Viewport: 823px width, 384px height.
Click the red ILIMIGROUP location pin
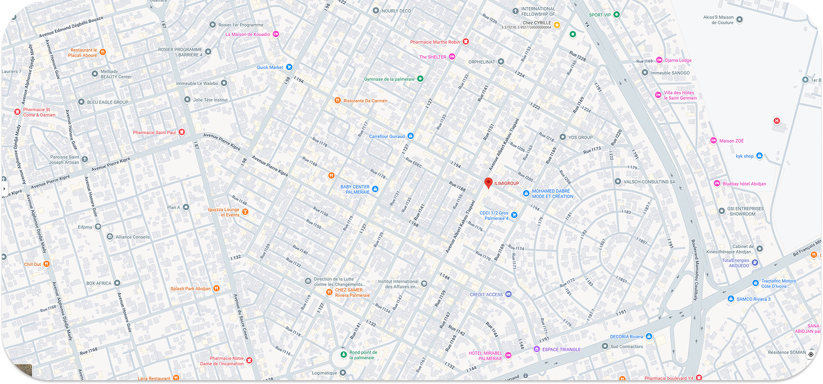[x=488, y=183]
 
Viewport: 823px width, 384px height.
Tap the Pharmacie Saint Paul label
[x=154, y=133]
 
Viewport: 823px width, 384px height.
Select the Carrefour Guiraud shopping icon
[x=411, y=136]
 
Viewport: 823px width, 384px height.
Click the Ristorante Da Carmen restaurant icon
[x=337, y=100]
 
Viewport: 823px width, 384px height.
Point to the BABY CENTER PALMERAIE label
[x=355, y=190]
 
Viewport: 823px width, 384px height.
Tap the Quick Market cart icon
[x=289, y=67]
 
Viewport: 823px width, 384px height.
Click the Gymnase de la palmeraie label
[x=389, y=79]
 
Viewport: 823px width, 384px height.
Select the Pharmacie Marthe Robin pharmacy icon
[x=466, y=42]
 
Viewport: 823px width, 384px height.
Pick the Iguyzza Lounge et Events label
[x=223, y=212]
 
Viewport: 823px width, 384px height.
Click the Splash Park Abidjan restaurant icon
[x=216, y=288]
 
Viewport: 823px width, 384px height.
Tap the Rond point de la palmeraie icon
[x=343, y=354]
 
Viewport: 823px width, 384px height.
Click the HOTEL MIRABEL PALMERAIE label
[x=485, y=356]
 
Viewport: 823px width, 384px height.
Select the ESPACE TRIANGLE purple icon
[x=537, y=349]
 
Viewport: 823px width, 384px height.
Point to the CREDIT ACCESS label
[x=486, y=294]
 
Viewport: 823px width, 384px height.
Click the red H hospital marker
[x=777, y=121]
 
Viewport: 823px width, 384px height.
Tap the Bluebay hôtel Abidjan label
[x=744, y=184]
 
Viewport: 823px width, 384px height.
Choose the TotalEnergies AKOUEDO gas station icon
[x=755, y=263]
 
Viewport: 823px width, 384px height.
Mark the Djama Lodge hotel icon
[x=659, y=60]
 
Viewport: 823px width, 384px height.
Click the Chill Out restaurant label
[x=33, y=264]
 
